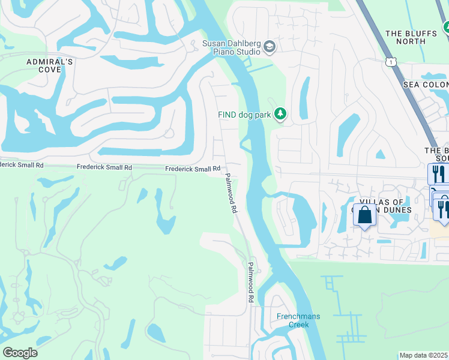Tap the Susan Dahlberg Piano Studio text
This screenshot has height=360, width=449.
click(x=231, y=47)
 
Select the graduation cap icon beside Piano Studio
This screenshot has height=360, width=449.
click(x=270, y=46)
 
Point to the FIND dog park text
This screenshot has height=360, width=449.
click(x=245, y=114)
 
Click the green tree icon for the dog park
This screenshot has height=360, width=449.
click(x=279, y=113)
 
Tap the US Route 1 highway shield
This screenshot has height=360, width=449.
click(x=391, y=61)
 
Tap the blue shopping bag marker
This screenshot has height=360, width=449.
click(x=364, y=214)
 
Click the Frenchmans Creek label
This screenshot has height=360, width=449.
click(x=292, y=320)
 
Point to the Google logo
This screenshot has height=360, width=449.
click(x=20, y=353)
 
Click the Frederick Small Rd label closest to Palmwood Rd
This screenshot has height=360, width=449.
click(x=193, y=169)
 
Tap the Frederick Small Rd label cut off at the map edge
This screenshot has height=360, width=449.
click(x=22, y=164)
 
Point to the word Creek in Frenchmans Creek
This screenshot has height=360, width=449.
click(x=292, y=325)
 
